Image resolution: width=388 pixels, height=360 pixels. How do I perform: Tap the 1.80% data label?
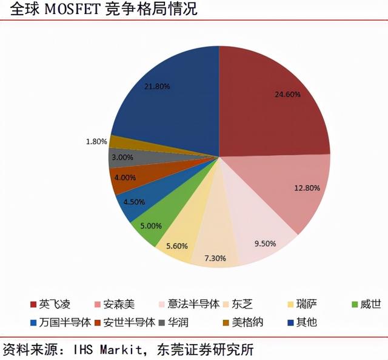point(96,141)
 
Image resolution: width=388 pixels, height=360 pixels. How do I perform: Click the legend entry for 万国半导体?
point(55,321)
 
